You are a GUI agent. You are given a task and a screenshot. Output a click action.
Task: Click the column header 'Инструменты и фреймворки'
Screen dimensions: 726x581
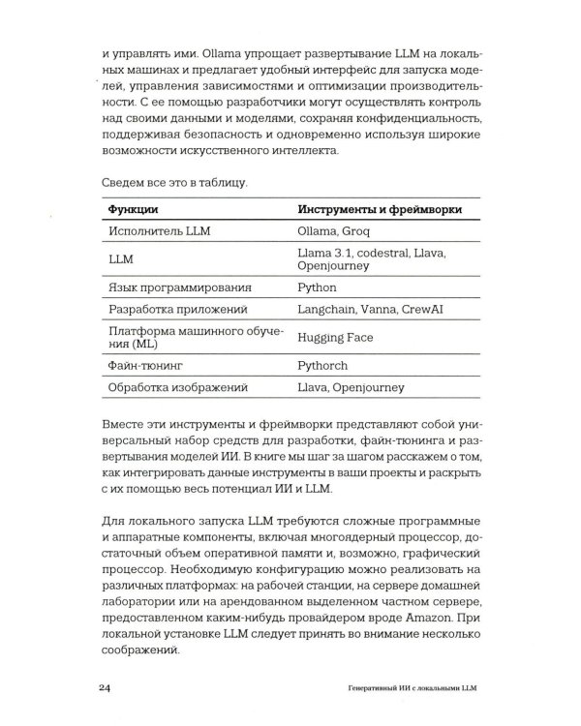(379, 208)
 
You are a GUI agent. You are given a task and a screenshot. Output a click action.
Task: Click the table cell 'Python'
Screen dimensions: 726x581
(318, 287)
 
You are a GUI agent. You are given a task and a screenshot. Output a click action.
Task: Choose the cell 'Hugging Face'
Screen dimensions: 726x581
(335, 338)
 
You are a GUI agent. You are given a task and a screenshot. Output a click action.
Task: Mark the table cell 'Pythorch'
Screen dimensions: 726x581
(324, 366)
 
